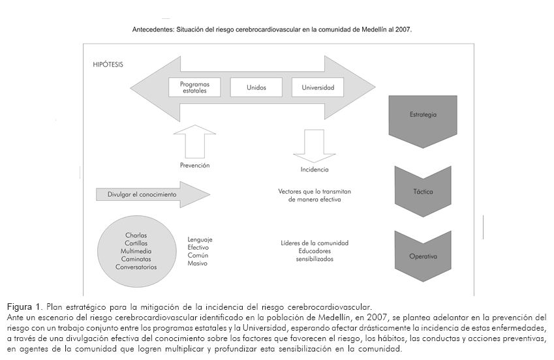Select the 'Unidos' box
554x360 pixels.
tap(256, 87)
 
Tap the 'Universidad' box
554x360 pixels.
tap(318, 87)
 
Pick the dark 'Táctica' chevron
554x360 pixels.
tap(423, 192)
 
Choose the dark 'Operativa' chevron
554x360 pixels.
tap(423, 256)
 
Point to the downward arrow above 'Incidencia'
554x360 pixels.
tap(310, 143)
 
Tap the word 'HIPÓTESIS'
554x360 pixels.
tap(108, 65)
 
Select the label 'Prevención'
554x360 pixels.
tap(194, 166)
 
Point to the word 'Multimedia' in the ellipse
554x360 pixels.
tap(136, 251)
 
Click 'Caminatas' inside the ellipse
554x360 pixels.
tap(136, 259)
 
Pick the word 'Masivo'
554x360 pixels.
tap(197, 263)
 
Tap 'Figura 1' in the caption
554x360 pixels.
tap(25, 307)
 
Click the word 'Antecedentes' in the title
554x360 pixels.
tap(153, 30)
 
